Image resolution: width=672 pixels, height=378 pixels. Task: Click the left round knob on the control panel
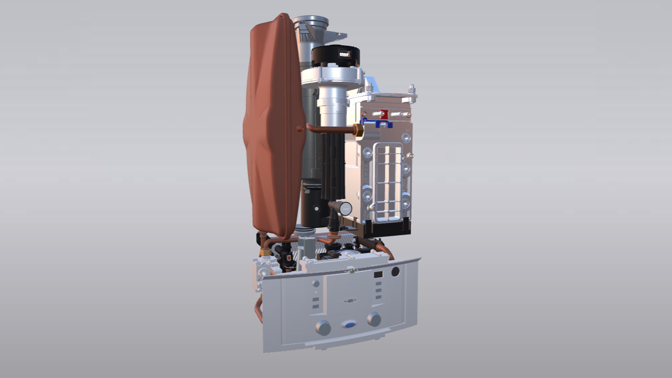click(x=323, y=328)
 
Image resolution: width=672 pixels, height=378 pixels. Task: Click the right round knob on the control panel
click(x=374, y=319)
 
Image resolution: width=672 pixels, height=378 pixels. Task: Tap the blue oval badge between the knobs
click(x=349, y=324)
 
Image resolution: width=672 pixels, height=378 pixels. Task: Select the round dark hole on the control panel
click(x=395, y=271)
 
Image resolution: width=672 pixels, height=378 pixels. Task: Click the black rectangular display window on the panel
click(x=378, y=275)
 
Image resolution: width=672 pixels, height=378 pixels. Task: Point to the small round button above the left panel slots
click(x=316, y=283)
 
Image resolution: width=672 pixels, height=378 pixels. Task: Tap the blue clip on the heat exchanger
click(x=377, y=124)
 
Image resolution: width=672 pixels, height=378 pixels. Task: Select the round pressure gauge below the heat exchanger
click(x=345, y=208)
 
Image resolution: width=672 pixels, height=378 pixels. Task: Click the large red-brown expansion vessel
click(x=274, y=126)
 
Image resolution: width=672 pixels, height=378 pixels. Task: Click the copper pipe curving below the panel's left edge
click(x=258, y=310)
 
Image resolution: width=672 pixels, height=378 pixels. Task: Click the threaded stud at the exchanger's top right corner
click(x=412, y=89)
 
